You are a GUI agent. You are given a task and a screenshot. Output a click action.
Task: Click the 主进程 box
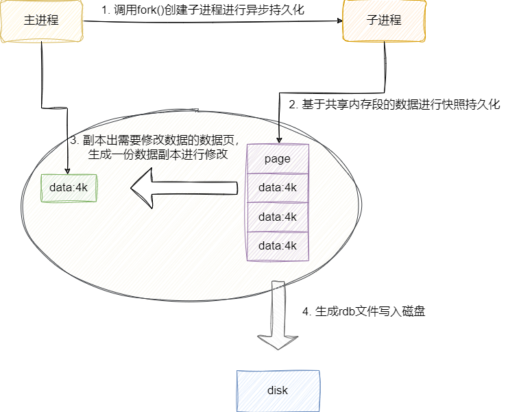pyautogui.click(x=41, y=21)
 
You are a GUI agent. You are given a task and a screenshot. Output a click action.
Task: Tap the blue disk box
pyautogui.click(x=278, y=391)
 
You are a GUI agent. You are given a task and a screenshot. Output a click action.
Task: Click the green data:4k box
pyautogui.click(x=69, y=187)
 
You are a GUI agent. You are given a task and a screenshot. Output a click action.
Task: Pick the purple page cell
pyautogui.click(x=278, y=158)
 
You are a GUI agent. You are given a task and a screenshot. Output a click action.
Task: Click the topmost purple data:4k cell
pyautogui.click(x=278, y=187)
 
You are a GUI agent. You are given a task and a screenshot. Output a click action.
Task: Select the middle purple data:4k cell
pyautogui.click(x=278, y=217)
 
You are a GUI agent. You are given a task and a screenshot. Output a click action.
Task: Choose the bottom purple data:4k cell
pyautogui.click(x=278, y=245)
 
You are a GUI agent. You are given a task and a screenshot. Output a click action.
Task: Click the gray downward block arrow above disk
pyautogui.click(x=276, y=315)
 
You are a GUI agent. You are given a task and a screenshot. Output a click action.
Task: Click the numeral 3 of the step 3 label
pyautogui.click(x=73, y=141)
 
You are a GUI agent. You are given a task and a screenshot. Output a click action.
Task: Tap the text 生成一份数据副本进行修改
pyautogui.click(x=158, y=155)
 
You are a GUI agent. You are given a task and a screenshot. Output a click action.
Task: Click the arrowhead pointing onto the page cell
pyautogui.click(x=279, y=139)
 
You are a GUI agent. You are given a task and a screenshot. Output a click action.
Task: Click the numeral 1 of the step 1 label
pyautogui.click(x=104, y=11)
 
